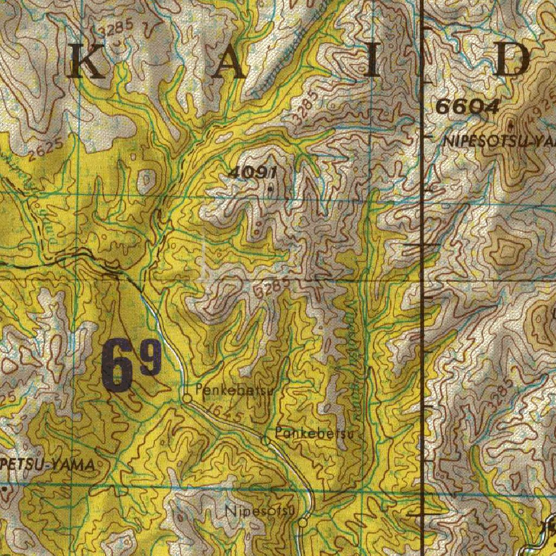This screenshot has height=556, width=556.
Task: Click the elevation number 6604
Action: point(467,108)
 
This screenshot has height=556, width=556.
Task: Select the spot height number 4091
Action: point(253,173)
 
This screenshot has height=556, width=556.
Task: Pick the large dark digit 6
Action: point(117,365)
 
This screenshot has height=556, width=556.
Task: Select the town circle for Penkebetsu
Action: point(187,399)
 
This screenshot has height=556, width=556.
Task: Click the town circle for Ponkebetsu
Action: point(266,441)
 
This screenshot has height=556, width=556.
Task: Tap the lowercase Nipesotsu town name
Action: point(260,511)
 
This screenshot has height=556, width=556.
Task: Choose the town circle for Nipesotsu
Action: point(303,522)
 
